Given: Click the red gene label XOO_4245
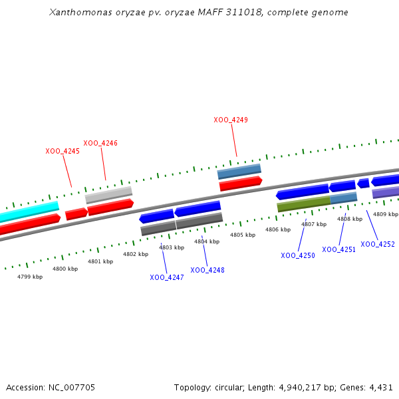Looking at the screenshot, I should click(63, 151).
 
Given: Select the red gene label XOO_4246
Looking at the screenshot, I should click(100, 143).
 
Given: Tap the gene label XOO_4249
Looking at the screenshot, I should click(231, 120).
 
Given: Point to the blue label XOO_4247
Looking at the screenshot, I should click(167, 277).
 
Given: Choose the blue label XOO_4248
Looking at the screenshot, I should click(207, 270).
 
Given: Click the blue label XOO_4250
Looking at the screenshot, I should click(298, 255).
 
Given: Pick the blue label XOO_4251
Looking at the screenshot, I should click(339, 249).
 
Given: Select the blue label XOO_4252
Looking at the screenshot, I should click(378, 244).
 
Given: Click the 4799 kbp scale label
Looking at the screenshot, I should click(30, 277).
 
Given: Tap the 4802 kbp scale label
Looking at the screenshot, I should click(136, 254).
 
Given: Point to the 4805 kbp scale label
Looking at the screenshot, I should click(243, 235).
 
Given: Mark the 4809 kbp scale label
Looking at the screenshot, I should click(386, 214).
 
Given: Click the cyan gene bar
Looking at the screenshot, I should click(29, 211).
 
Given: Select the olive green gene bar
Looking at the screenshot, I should click(303, 204).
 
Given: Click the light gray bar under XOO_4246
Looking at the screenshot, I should click(108, 195).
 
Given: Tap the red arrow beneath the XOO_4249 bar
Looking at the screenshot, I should click(241, 183).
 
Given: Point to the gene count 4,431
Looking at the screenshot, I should click(380, 387).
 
